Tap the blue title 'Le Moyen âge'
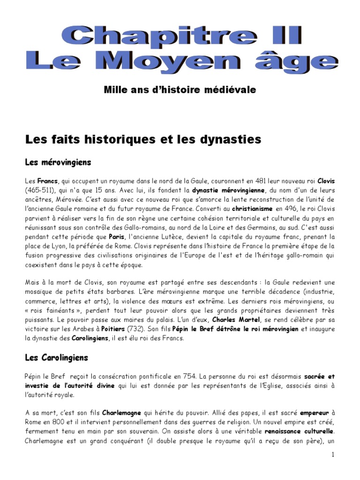point(180,62)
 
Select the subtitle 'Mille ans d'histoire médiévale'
point(180,90)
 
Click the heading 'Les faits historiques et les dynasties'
point(142,139)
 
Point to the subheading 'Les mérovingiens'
point(58,162)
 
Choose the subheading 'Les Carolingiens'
point(56,358)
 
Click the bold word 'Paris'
point(117,237)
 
